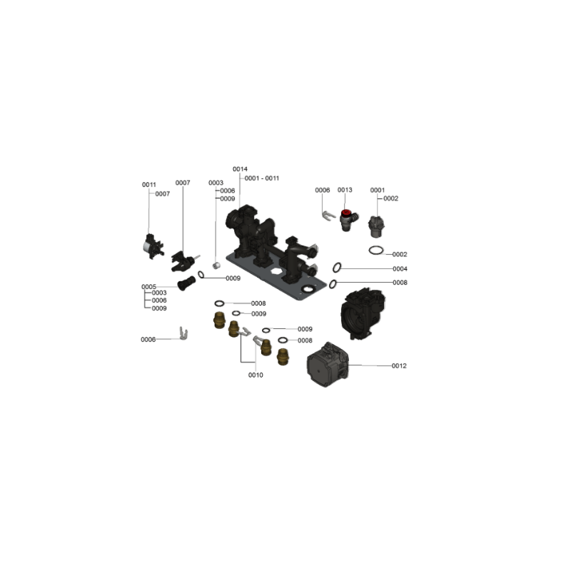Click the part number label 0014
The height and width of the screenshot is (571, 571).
coord(240,169)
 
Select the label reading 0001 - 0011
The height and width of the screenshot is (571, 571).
coord(262,178)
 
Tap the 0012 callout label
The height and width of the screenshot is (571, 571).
coord(399,365)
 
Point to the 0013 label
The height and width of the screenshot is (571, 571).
coord(345,190)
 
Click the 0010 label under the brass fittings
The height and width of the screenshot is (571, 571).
coord(256,375)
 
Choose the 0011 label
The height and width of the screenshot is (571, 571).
coord(149,185)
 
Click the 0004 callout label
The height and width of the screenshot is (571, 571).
coord(400,269)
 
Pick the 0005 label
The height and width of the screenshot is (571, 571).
coord(149,287)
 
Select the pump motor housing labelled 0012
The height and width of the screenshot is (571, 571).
coord(328,364)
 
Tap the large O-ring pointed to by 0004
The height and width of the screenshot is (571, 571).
coord(337,267)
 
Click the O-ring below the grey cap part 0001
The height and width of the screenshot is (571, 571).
coord(376,251)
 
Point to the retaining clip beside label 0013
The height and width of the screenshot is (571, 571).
coord(328,215)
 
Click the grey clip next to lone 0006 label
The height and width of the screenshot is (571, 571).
coord(183,333)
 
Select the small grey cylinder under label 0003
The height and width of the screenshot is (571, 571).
coord(216,266)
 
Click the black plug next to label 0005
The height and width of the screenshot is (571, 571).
coord(186,283)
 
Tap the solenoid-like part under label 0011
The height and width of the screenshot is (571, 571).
coord(153,246)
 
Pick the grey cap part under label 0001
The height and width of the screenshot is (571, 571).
coord(376,226)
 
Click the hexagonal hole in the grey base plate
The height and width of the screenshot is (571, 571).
coord(276,271)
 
